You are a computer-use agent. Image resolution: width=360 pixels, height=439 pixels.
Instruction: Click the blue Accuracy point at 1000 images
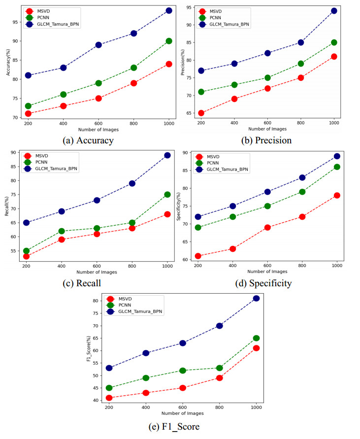click(x=169, y=10)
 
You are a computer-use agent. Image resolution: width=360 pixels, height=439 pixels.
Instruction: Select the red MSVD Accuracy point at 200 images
click(x=28, y=113)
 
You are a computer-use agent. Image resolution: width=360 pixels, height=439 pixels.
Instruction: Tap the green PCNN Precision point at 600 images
click(x=267, y=78)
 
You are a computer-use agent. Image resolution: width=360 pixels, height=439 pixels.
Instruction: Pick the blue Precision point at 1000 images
click(x=334, y=10)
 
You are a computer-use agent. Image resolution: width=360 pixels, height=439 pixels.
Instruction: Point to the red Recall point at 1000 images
click(x=167, y=214)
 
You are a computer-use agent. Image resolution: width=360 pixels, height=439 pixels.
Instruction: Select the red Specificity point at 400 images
click(x=233, y=249)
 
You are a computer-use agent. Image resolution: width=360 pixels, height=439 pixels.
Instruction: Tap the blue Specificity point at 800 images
click(x=302, y=177)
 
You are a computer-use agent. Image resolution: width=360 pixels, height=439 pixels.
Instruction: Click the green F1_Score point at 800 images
click(x=219, y=368)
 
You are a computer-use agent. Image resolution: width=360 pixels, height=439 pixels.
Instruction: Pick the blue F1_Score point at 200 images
click(x=109, y=368)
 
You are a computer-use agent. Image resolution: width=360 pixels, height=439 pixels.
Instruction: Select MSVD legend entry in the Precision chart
click(x=217, y=11)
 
